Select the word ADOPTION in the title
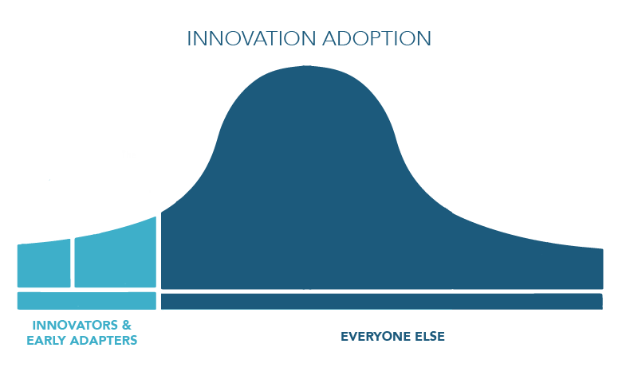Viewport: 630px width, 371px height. click(377, 38)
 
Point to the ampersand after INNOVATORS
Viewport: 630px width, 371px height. click(127, 325)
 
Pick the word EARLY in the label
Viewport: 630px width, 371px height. click(46, 340)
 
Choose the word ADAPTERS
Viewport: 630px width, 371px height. click(104, 340)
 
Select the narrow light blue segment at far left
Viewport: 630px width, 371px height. click(44, 264)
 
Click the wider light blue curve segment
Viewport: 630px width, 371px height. click(116, 256)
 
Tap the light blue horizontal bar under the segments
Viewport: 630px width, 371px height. click(87, 301)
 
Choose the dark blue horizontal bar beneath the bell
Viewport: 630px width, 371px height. click(382, 301)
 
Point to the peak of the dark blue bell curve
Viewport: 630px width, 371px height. click(307, 66)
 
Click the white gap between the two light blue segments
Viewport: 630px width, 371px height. click(73, 263)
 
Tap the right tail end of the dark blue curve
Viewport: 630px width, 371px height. click(602, 268)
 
